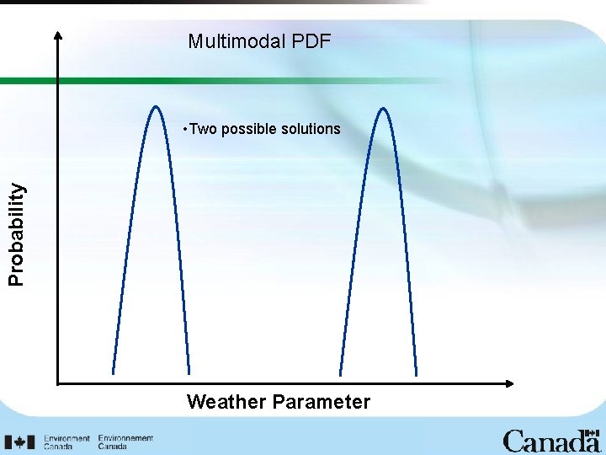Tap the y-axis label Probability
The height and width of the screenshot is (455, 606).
pos(17,234)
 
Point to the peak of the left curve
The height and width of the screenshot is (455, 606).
pos(156,107)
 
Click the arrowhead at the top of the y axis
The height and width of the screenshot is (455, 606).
pos(58,35)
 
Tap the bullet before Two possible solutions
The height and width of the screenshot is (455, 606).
pos(185,130)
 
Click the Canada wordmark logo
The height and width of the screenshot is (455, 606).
pos(550,441)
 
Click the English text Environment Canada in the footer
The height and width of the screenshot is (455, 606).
pos(66,442)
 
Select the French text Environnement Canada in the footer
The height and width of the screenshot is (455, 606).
pos(125,442)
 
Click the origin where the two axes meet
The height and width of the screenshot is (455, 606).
pos(58,384)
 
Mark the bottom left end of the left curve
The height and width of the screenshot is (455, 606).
pos(113,372)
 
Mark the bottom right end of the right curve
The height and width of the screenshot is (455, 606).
pos(416,375)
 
